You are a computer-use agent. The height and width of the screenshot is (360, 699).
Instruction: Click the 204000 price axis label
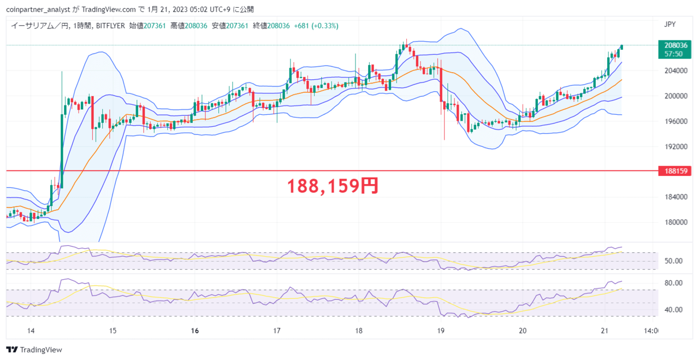pos(676,70)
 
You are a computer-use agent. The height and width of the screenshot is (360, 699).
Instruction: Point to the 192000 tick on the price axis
pos(676,146)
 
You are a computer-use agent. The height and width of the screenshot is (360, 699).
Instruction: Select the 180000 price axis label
pos(676,222)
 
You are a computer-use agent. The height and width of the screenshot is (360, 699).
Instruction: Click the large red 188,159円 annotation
pos(333,186)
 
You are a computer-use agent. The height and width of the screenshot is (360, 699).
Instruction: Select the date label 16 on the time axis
pos(195,331)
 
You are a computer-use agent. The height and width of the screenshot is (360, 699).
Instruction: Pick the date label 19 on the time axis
pos(441,331)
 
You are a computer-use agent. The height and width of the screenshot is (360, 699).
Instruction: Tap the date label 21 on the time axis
pos(605,331)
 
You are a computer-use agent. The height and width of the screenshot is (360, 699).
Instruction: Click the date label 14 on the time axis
pos(31,331)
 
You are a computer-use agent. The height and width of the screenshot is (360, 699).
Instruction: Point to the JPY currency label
pos(670,25)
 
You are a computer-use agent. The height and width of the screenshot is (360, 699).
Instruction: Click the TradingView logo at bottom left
pos(34,350)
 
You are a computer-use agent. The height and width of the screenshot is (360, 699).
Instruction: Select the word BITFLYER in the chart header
pos(110,26)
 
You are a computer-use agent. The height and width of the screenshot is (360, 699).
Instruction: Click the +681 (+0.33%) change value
pos(316,26)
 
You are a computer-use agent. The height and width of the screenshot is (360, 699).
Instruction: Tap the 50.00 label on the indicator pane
pos(673,261)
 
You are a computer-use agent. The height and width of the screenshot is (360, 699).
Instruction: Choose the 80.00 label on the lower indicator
pos(673,283)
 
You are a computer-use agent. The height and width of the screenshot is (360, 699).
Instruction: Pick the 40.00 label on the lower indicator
pos(673,310)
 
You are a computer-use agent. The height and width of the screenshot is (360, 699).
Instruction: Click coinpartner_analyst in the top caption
pos(38,9)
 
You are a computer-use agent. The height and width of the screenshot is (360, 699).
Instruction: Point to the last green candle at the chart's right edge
pos(621,47)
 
